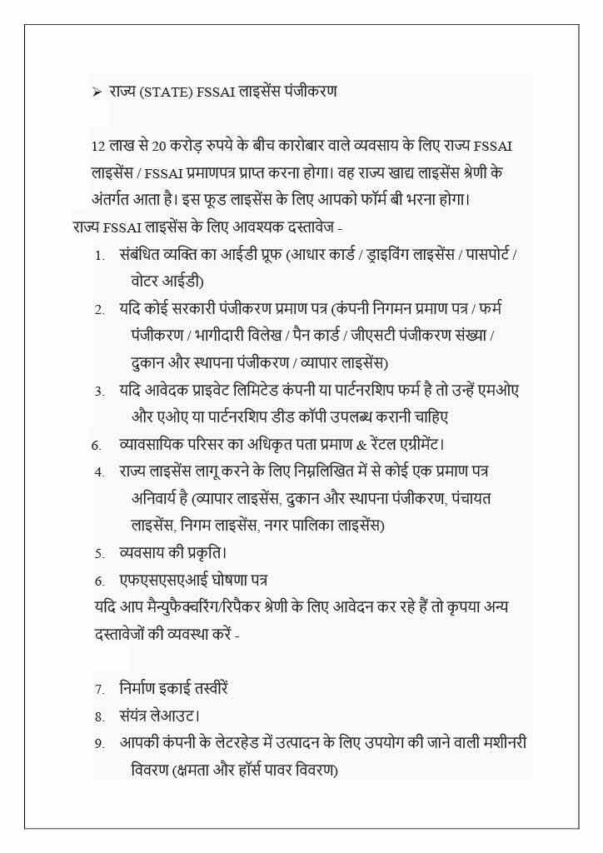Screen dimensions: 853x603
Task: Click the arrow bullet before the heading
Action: (97, 92)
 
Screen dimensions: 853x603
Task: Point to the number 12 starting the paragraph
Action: (97, 147)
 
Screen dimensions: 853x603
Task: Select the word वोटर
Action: (147, 280)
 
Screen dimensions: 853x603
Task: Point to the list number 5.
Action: (99, 553)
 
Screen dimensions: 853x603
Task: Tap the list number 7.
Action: (99, 690)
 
